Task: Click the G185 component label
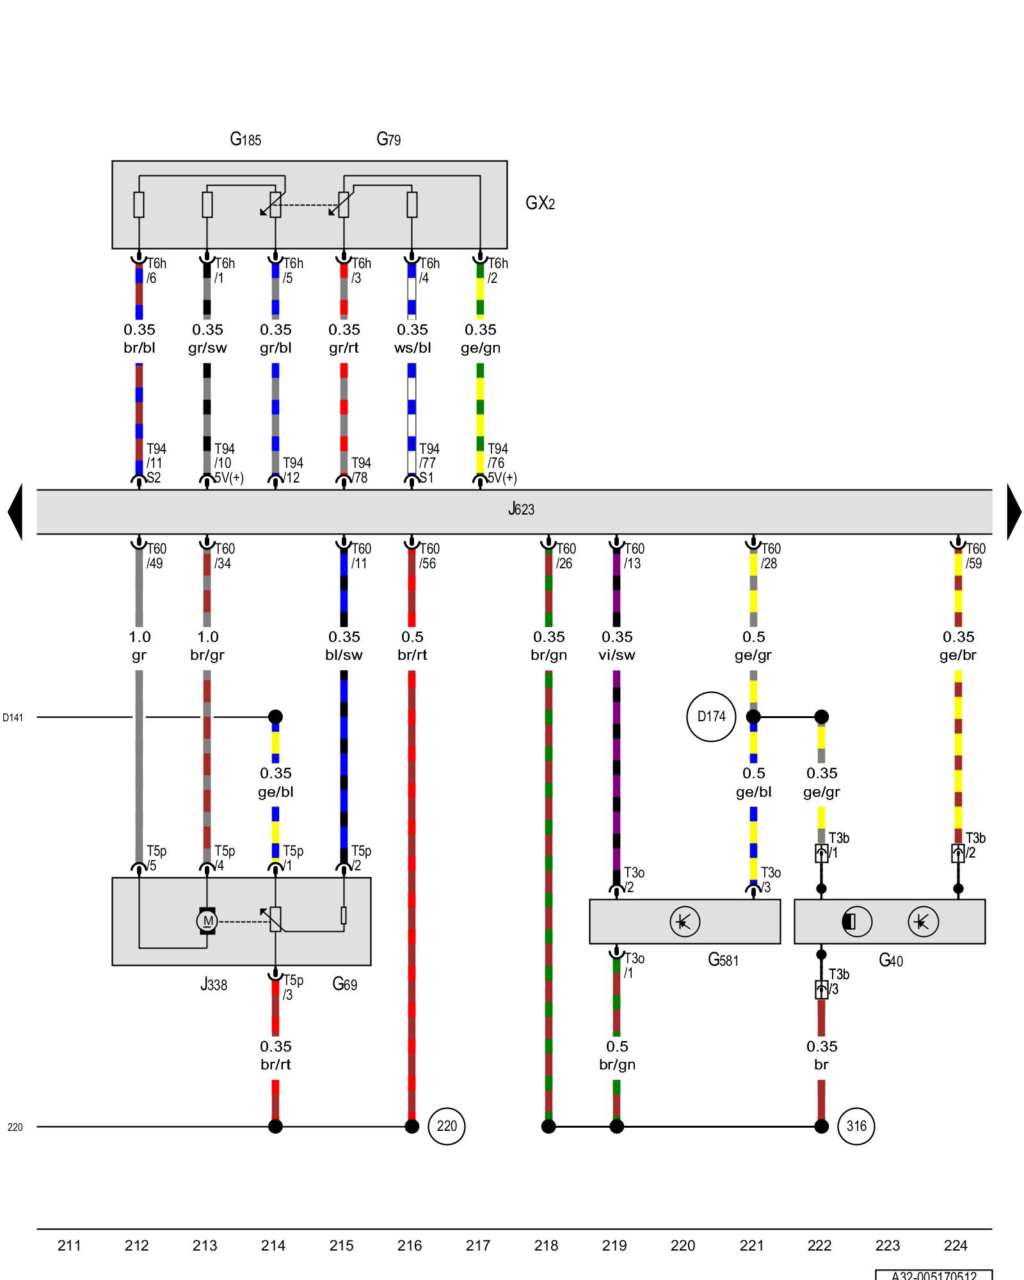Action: coord(246,139)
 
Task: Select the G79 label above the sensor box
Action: coord(388,139)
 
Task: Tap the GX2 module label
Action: coord(540,203)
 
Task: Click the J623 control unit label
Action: coord(521,509)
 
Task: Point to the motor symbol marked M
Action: coord(207,921)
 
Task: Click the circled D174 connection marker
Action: coord(711,717)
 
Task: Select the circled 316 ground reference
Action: coord(856,1126)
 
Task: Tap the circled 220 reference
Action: coord(447,1126)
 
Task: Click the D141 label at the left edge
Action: coord(13,717)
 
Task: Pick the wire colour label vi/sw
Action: coord(617,655)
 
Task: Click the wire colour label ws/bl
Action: coord(412,348)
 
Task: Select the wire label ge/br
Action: coord(958,655)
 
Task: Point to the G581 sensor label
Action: coord(723,960)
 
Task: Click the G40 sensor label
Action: coord(891,960)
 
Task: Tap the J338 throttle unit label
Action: coord(214,984)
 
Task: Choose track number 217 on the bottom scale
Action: coord(478,1245)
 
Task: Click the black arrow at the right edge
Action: coord(1014,511)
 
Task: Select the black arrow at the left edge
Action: coord(15,511)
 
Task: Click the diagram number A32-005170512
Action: coord(934,1275)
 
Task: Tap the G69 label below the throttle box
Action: coord(345,984)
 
